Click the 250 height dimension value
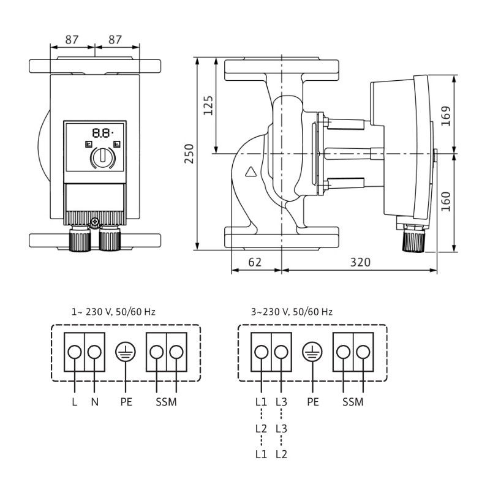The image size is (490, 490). click(x=189, y=153)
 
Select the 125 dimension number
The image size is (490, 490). click(x=209, y=105)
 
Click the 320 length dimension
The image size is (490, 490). click(x=360, y=262)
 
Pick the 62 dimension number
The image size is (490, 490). click(x=255, y=262)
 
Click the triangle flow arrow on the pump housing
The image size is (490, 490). click(x=251, y=172)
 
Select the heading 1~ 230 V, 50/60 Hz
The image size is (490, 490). click(x=113, y=312)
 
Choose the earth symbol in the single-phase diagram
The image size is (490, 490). click(x=126, y=352)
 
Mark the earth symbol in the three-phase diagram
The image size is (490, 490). click(x=312, y=352)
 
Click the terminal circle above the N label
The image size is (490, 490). click(x=94, y=352)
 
